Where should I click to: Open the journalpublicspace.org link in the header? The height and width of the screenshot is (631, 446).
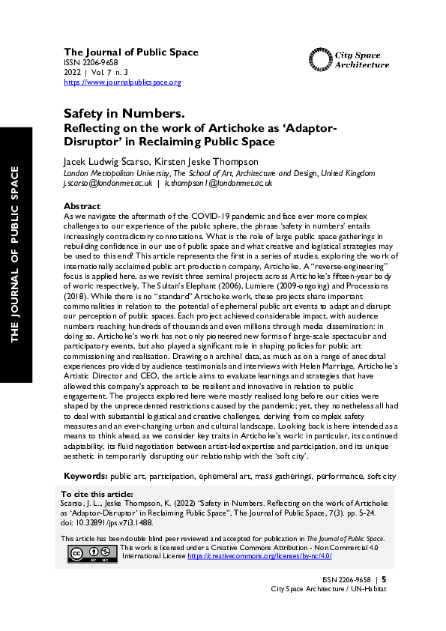click(121, 82)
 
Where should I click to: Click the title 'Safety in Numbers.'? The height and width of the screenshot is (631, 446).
click(124, 113)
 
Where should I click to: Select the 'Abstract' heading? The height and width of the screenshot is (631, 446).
click(82, 206)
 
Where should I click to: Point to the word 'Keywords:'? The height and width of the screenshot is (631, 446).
click(85, 476)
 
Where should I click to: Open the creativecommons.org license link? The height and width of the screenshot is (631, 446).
click(270, 557)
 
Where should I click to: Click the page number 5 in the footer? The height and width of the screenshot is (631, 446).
click(384, 579)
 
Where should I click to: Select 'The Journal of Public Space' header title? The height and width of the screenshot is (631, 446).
click(130, 52)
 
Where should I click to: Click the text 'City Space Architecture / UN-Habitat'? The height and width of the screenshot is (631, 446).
click(328, 589)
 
